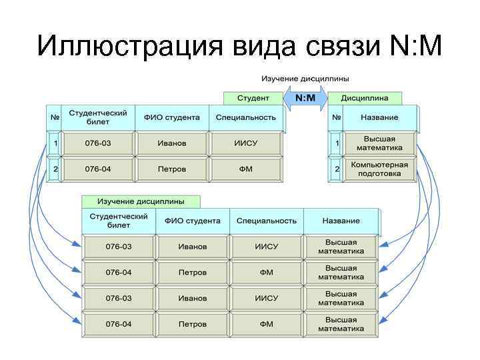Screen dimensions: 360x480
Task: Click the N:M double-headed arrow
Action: (305, 98)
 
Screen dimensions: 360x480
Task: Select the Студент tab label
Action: (253, 98)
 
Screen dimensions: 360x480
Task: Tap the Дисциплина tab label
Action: (365, 98)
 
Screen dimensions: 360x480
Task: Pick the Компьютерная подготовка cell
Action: (379, 168)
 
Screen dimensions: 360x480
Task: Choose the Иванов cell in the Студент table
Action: (172, 143)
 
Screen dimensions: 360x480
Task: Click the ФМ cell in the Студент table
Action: (245, 169)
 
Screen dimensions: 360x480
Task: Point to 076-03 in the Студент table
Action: (98, 143)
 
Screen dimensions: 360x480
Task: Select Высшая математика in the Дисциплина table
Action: (379, 143)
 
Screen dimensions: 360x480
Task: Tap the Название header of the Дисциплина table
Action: (379, 117)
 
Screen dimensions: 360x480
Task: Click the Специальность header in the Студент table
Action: (245, 117)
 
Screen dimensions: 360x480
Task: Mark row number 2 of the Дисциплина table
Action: (337, 169)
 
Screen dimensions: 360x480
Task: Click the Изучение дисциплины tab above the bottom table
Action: (141, 201)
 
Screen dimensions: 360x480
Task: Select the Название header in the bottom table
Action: (341, 221)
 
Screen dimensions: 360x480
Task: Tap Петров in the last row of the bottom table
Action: (193, 324)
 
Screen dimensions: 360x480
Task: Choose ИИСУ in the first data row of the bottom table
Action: (267, 247)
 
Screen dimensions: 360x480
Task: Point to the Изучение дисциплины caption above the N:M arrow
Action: (305, 79)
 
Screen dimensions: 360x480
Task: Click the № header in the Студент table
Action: (55, 117)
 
